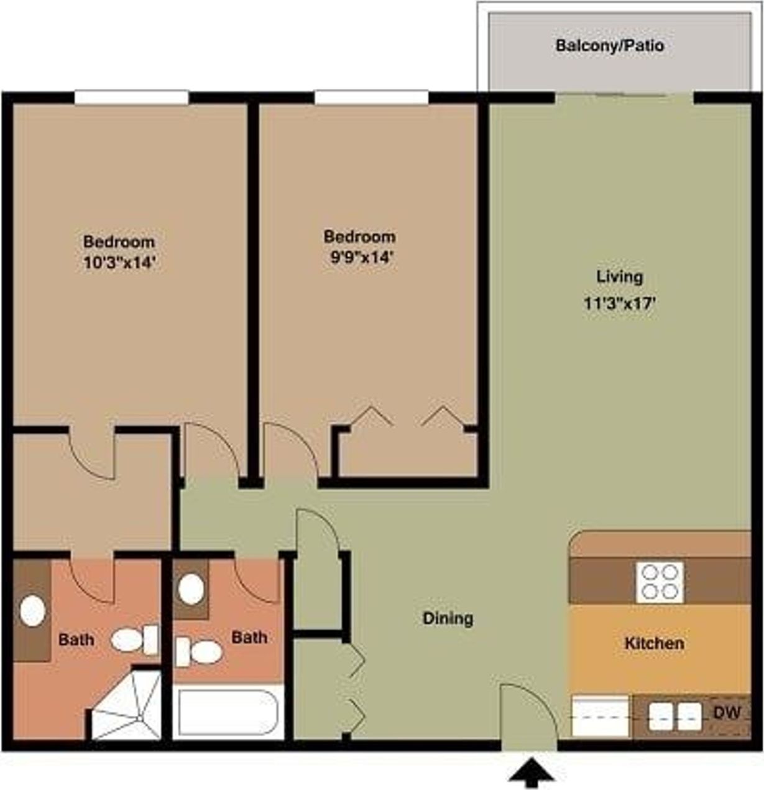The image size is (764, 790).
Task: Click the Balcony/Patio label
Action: [x=609, y=46]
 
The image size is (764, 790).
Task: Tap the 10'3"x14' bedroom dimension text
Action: [x=118, y=263]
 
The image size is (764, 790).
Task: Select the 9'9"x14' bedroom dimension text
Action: [x=360, y=257]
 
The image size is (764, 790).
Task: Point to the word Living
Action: [x=619, y=277]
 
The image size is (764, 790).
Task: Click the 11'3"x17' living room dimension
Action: [x=619, y=305]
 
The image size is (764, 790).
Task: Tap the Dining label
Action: [x=448, y=618]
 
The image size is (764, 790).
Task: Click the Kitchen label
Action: [x=654, y=643]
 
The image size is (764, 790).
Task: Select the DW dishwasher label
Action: [x=726, y=713]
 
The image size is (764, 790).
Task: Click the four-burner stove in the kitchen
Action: [x=659, y=582]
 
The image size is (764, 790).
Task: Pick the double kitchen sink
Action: [x=675, y=717]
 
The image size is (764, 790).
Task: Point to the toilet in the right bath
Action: [x=199, y=652]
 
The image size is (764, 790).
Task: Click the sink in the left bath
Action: [x=32, y=611]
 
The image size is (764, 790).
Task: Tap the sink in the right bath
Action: [x=191, y=588]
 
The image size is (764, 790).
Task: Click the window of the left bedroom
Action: [x=131, y=98]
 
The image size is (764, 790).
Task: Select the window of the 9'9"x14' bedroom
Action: [x=371, y=98]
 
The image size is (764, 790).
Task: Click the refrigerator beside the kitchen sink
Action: [x=600, y=717]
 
